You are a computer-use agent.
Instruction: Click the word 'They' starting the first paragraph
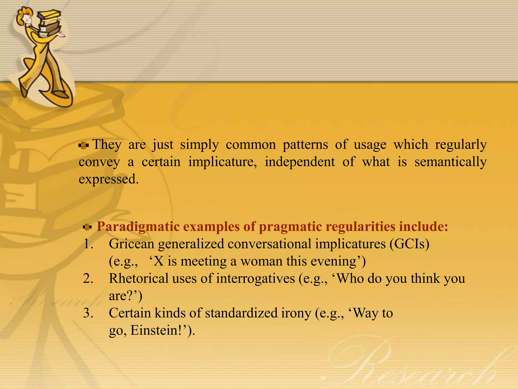point(107,145)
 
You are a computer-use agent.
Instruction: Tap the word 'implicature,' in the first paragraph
point(223,162)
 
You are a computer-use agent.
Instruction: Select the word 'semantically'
point(450,162)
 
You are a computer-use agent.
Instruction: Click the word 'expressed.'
point(109,179)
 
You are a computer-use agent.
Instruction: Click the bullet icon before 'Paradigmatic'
point(87,227)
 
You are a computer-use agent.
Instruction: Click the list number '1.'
point(88,244)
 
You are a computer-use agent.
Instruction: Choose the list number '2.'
point(88,279)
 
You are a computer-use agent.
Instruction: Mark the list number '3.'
point(88,313)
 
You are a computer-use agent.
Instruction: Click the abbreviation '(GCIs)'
point(409,244)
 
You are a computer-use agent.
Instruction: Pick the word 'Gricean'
point(131,244)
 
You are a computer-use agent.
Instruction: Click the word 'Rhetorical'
point(139,279)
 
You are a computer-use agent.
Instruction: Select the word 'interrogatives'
point(255,279)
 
